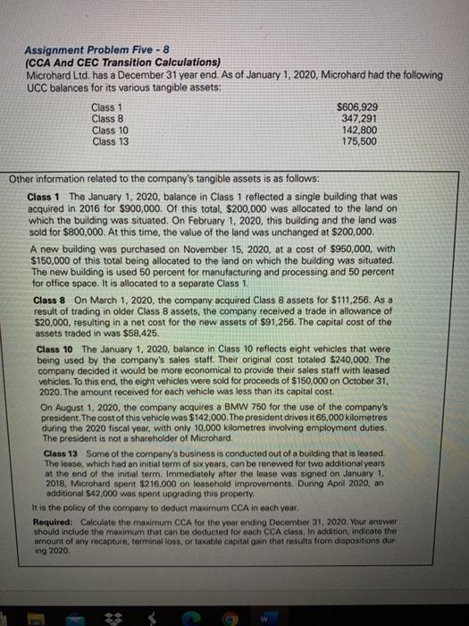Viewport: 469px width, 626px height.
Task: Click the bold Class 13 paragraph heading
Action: (61, 453)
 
